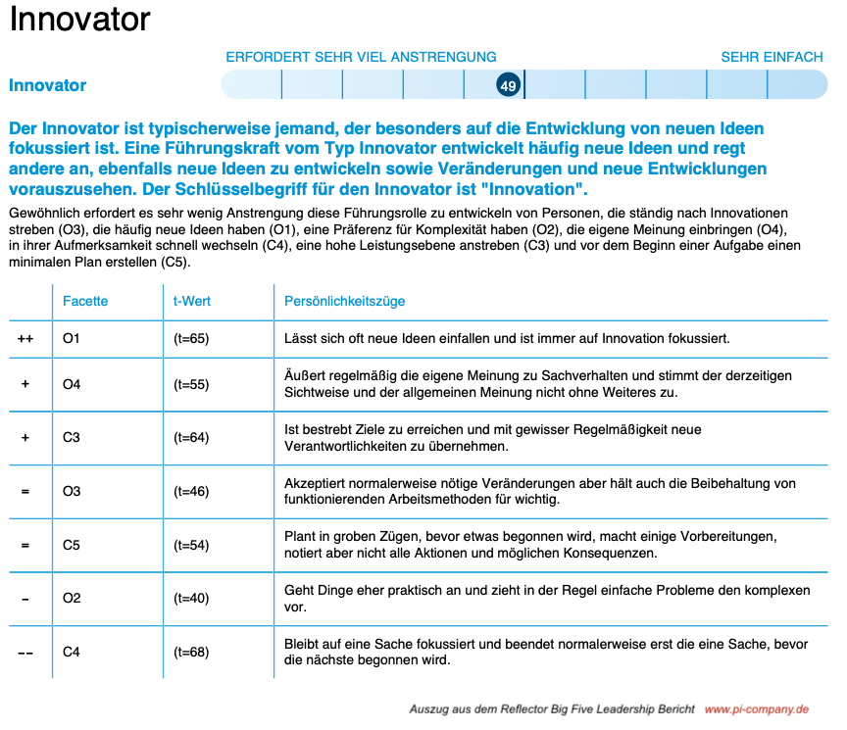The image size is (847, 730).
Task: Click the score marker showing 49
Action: (x=508, y=86)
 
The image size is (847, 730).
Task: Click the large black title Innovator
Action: (x=80, y=20)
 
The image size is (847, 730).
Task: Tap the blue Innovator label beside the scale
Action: (x=47, y=85)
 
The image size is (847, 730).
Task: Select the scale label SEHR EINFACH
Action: (x=772, y=57)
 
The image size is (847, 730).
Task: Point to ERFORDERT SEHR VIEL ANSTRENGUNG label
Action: (x=361, y=57)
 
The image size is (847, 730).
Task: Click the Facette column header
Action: (x=85, y=301)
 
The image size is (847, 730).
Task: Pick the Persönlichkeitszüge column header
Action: (x=344, y=301)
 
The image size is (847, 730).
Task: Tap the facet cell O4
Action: (x=72, y=384)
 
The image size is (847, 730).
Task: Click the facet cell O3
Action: (x=72, y=491)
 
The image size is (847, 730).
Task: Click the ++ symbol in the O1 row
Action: (x=25, y=339)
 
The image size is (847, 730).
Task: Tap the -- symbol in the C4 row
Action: (x=25, y=652)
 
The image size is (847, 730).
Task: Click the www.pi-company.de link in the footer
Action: (x=756, y=708)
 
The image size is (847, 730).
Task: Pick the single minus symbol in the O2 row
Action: (x=25, y=598)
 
